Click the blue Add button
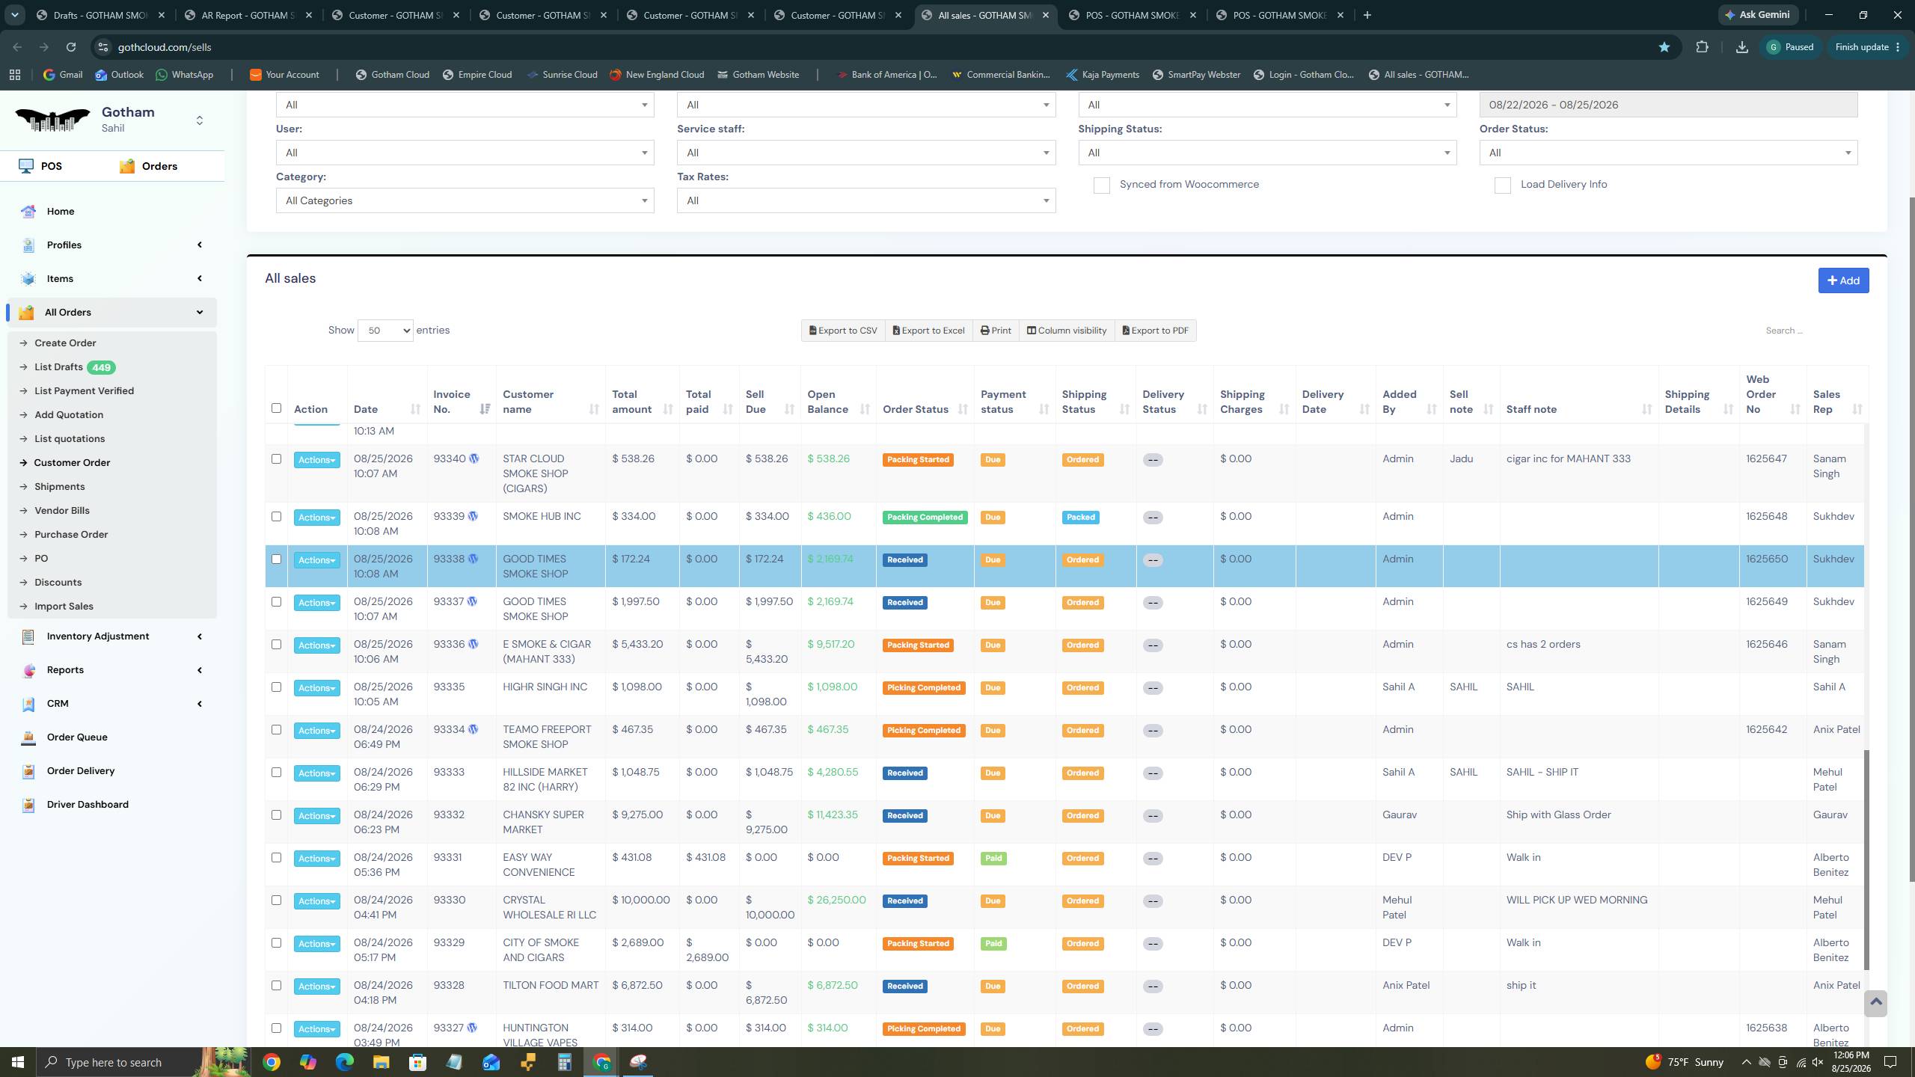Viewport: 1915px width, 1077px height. tap(1843, 280)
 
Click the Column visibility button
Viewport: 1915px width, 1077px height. tap(1066, 331)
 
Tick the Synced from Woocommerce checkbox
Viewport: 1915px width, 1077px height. tap(1101, 185)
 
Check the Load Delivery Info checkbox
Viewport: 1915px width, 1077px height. tap(1502, 185)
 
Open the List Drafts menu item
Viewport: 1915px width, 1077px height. tap(58, 367)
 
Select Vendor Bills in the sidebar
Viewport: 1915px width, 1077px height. tap(62, 511)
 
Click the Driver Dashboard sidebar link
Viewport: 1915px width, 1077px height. tap(88, 805)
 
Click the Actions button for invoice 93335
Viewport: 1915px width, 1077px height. tap(316, 688)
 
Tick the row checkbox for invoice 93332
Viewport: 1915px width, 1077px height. tap(276, 814)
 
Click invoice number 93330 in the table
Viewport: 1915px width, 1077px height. tap(449, 900)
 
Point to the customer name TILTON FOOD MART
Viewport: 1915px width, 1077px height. tap(551, 985)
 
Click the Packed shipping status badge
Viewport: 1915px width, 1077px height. tap(1080, 518)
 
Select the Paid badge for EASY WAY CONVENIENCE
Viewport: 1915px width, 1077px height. tap(993, 859)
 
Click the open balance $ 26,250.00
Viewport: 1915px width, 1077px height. tap(836, 900)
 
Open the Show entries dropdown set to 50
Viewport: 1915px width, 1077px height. tap(385, 331)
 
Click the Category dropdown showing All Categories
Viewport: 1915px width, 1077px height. tap(465, 200)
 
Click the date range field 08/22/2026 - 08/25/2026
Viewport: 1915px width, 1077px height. tap(1668, 105)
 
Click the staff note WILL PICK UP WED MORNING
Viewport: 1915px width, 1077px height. tap(1577, 900)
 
